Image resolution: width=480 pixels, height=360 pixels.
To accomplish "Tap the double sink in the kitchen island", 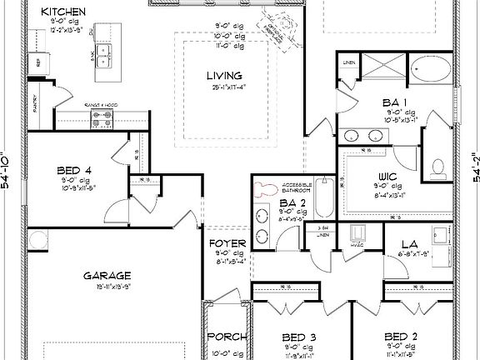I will (x=105, y=56).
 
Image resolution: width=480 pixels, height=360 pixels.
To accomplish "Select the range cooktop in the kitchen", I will (x=102, y=120).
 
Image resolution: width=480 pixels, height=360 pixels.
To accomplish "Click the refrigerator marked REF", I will (x=39, y=62).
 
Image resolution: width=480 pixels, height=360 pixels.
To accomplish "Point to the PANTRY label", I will (x=35, y=102).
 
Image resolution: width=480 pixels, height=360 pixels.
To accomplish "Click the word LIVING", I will (x=224, y=76).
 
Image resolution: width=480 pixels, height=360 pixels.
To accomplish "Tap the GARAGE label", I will (x=106, y=275).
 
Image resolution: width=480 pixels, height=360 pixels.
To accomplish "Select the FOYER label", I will (x=227, y=244).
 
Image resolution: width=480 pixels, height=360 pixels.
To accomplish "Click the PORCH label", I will (x=227, y=337).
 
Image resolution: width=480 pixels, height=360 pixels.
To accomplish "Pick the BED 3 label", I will (x=298, y=337).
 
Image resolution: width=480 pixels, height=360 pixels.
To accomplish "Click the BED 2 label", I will (x=400, y=337).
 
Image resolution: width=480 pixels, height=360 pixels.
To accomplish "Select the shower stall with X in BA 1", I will (x=380, y=70).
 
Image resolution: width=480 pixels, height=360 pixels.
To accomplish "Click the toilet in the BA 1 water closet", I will (x=438, y=167).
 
